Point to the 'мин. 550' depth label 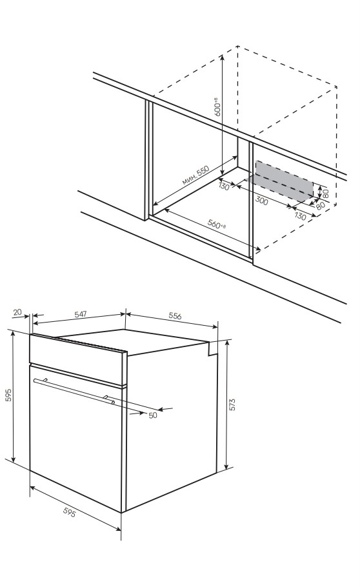click(x=195, y=175)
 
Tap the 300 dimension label click(x=262, y=201)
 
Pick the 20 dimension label click(x=17, y=312)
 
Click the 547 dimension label click(x=81, y=314)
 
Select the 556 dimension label click(x=175, y=316)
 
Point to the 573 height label click(x=232, y=404)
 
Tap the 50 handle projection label click(x=153, y=415)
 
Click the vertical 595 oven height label click(x=8, y=395)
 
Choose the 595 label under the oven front click(x=70, y=512)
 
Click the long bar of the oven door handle click(x=74, y=391)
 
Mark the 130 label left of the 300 click(x=224, y=186)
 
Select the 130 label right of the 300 click(x=301, y=216)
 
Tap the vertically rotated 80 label click(x=326, y=193)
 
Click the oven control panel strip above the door click(x=76, y=359)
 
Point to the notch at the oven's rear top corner click(x=212, y=348)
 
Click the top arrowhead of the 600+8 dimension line click(x=223, y=57)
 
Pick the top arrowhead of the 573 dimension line click(x=226, y=343)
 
